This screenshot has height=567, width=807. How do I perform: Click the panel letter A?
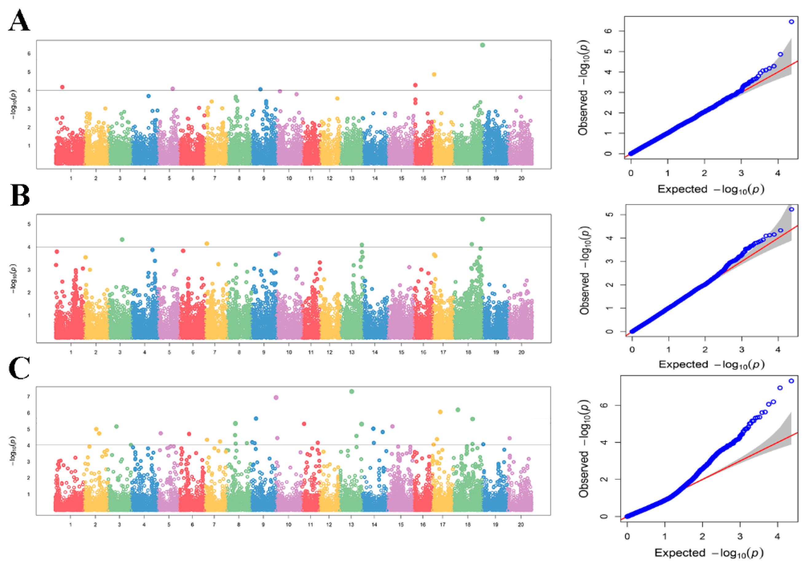19,20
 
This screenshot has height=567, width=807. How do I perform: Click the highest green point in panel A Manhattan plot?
482,45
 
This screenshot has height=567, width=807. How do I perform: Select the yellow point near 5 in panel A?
434,74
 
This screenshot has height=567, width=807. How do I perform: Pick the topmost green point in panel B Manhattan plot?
482,219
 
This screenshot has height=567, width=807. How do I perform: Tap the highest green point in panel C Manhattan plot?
352,391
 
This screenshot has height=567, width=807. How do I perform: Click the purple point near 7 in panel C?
276,398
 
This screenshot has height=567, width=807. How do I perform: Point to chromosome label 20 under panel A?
521,178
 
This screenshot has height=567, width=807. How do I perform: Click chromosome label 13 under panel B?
352,352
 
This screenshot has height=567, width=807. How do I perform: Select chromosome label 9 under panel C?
263,525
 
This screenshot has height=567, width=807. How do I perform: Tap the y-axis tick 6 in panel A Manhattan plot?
29,53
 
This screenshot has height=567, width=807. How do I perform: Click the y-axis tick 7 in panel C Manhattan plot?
29,396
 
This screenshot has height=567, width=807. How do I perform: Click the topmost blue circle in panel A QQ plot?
792,22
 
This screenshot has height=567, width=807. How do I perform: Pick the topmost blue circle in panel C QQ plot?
792,381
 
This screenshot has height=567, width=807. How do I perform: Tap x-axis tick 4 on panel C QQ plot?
777,536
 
